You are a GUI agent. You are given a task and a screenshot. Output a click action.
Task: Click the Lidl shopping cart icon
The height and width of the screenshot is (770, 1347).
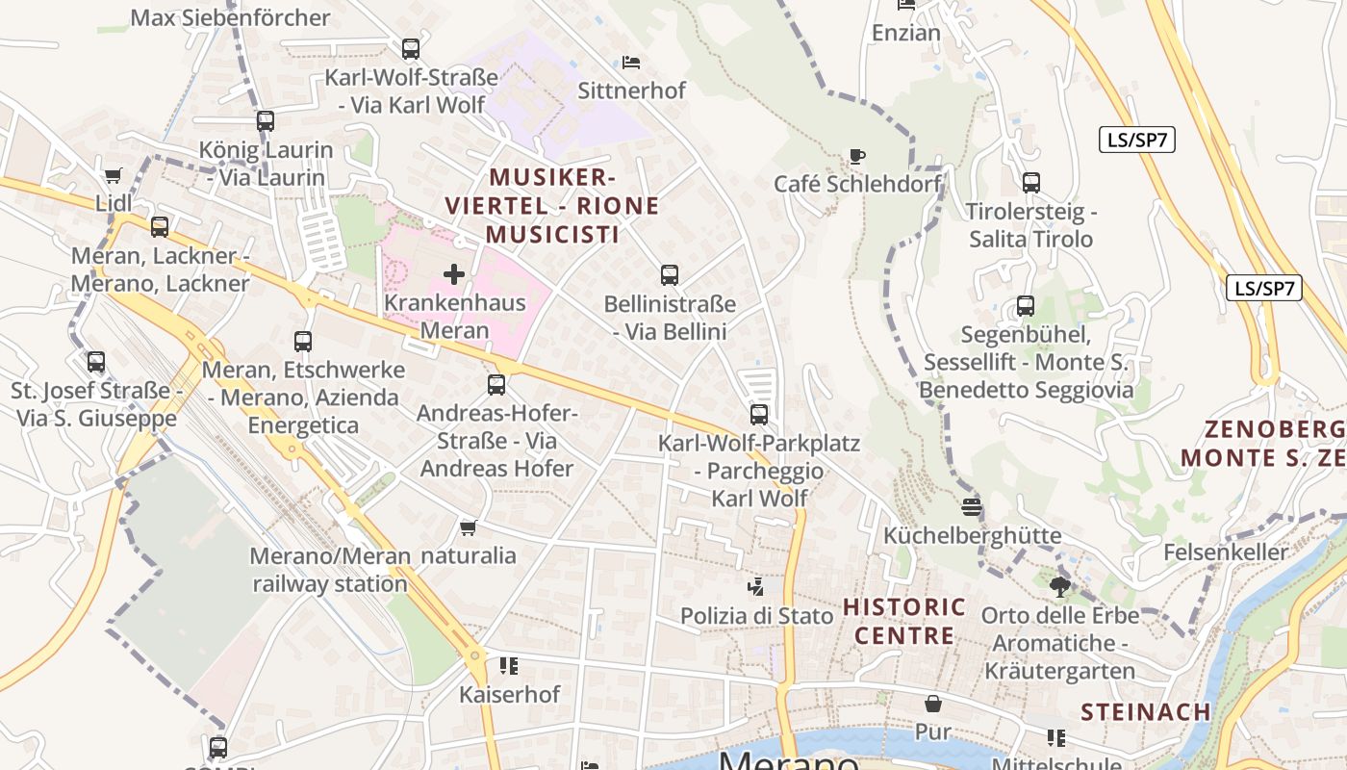pyautogui.click(x=114, y=175)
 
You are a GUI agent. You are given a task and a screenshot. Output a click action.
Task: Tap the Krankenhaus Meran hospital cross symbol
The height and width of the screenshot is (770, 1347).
pyautogui.click(x=454, y=274)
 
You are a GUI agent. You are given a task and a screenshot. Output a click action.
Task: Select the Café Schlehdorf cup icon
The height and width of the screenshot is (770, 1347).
pyautogui.click(x=857, y=155)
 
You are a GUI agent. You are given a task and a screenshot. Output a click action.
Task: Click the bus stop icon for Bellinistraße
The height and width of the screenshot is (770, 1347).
pyautogui.click(x=670, y=275)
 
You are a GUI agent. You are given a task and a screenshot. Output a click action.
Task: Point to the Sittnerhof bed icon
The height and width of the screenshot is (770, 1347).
pyautogui.click(x=631, y=63)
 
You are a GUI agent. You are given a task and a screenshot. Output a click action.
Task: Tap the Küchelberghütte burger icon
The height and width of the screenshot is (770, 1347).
pyautogui.click(x=972, y=506)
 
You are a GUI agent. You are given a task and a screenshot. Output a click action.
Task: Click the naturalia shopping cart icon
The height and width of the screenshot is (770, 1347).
pyautogui.click(x=469, y=527)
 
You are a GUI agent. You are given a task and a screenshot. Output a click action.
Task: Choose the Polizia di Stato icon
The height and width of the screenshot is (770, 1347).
pyautogui.click(x=756, y=586)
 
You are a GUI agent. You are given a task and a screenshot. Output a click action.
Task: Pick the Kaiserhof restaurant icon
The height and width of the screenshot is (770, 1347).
pyautogui.click(x=509, y=665)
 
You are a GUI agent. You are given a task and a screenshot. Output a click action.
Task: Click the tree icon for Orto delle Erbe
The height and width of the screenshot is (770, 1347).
pyautogui.click(x=1059, y=586)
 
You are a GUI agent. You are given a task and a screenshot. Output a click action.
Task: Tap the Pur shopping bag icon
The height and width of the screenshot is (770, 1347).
pyautogui.click(x=932, y=704)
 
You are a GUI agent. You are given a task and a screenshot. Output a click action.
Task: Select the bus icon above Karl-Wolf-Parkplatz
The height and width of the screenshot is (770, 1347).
pyautogui.click(x=759, y=415)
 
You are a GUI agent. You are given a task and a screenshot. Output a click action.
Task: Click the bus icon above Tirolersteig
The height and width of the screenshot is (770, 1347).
pyautogui.click(x=1031, y=183)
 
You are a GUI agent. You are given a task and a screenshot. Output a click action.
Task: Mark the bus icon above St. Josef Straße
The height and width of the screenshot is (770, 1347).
pyautogui.click(x=96, y=362)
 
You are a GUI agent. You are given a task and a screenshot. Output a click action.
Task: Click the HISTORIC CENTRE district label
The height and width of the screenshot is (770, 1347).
pyautogui.click(x=904, y=621)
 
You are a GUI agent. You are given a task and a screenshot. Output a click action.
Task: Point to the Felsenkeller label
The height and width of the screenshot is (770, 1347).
pyautogui.click(x=1225, y=552)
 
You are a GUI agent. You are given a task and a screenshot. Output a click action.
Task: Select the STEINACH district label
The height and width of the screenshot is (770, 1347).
pyautogui.click(x=1145, y=712)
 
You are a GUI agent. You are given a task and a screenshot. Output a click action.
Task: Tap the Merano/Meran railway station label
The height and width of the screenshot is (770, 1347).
pyautogui.click(x=330, y=570)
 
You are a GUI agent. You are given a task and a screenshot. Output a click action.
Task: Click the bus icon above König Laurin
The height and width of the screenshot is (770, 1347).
pyautogui.click(x=266, y=121)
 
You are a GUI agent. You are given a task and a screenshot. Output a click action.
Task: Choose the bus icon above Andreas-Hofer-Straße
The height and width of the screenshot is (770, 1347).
pyautogui.click(x=496, y=385)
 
